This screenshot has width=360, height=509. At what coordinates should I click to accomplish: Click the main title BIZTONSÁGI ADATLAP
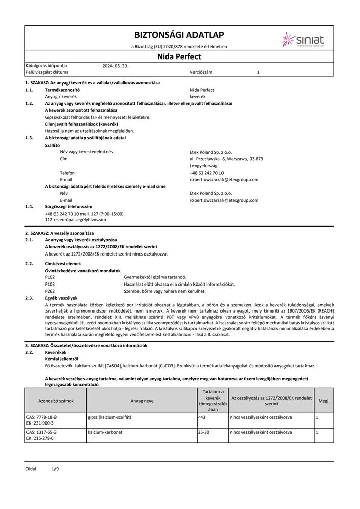click(x=179, y=35)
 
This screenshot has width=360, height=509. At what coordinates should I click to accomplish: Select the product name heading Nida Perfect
click(x=179, y=56)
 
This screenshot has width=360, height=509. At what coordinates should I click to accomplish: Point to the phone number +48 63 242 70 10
click(x=206, y=173)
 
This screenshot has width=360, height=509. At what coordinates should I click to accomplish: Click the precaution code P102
click(x=50, y=276)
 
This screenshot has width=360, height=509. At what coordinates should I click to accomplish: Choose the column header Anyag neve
click(x=142, y=401)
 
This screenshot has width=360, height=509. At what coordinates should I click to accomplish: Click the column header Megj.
click(x=324, y=401)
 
